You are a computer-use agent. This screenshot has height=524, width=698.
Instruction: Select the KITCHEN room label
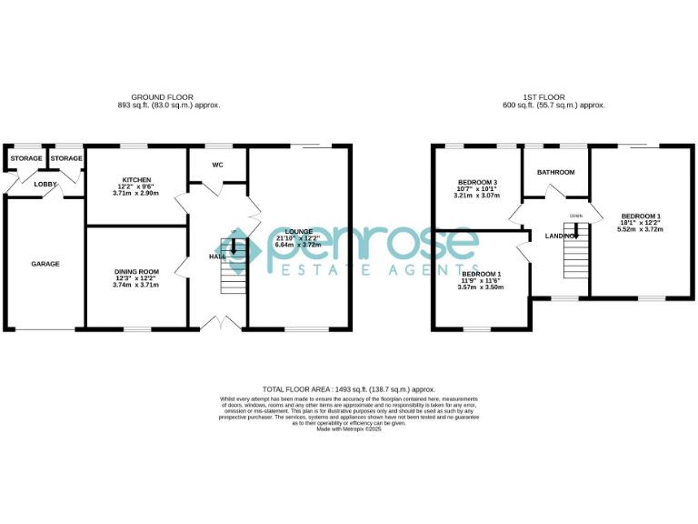[135, 180]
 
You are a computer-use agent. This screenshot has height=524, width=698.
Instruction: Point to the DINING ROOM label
[136, 271]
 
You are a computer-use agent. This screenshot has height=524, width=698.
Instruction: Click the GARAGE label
[45, 264]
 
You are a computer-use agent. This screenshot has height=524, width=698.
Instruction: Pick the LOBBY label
[45, 184]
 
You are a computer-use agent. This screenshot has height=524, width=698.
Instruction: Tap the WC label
[217, 166]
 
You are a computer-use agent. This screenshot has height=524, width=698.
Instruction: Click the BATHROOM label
[555, 172]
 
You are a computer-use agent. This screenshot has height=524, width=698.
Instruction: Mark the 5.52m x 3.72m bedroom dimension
[641, 229]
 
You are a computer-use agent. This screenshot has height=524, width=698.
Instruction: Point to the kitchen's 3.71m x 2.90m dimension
[135, 193]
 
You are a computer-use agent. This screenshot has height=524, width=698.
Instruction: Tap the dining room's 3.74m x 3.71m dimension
[136, 285]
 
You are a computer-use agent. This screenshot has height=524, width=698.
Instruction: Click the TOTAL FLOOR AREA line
[348, 388]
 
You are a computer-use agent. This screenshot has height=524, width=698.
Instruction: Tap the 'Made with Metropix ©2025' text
[348, 428]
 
